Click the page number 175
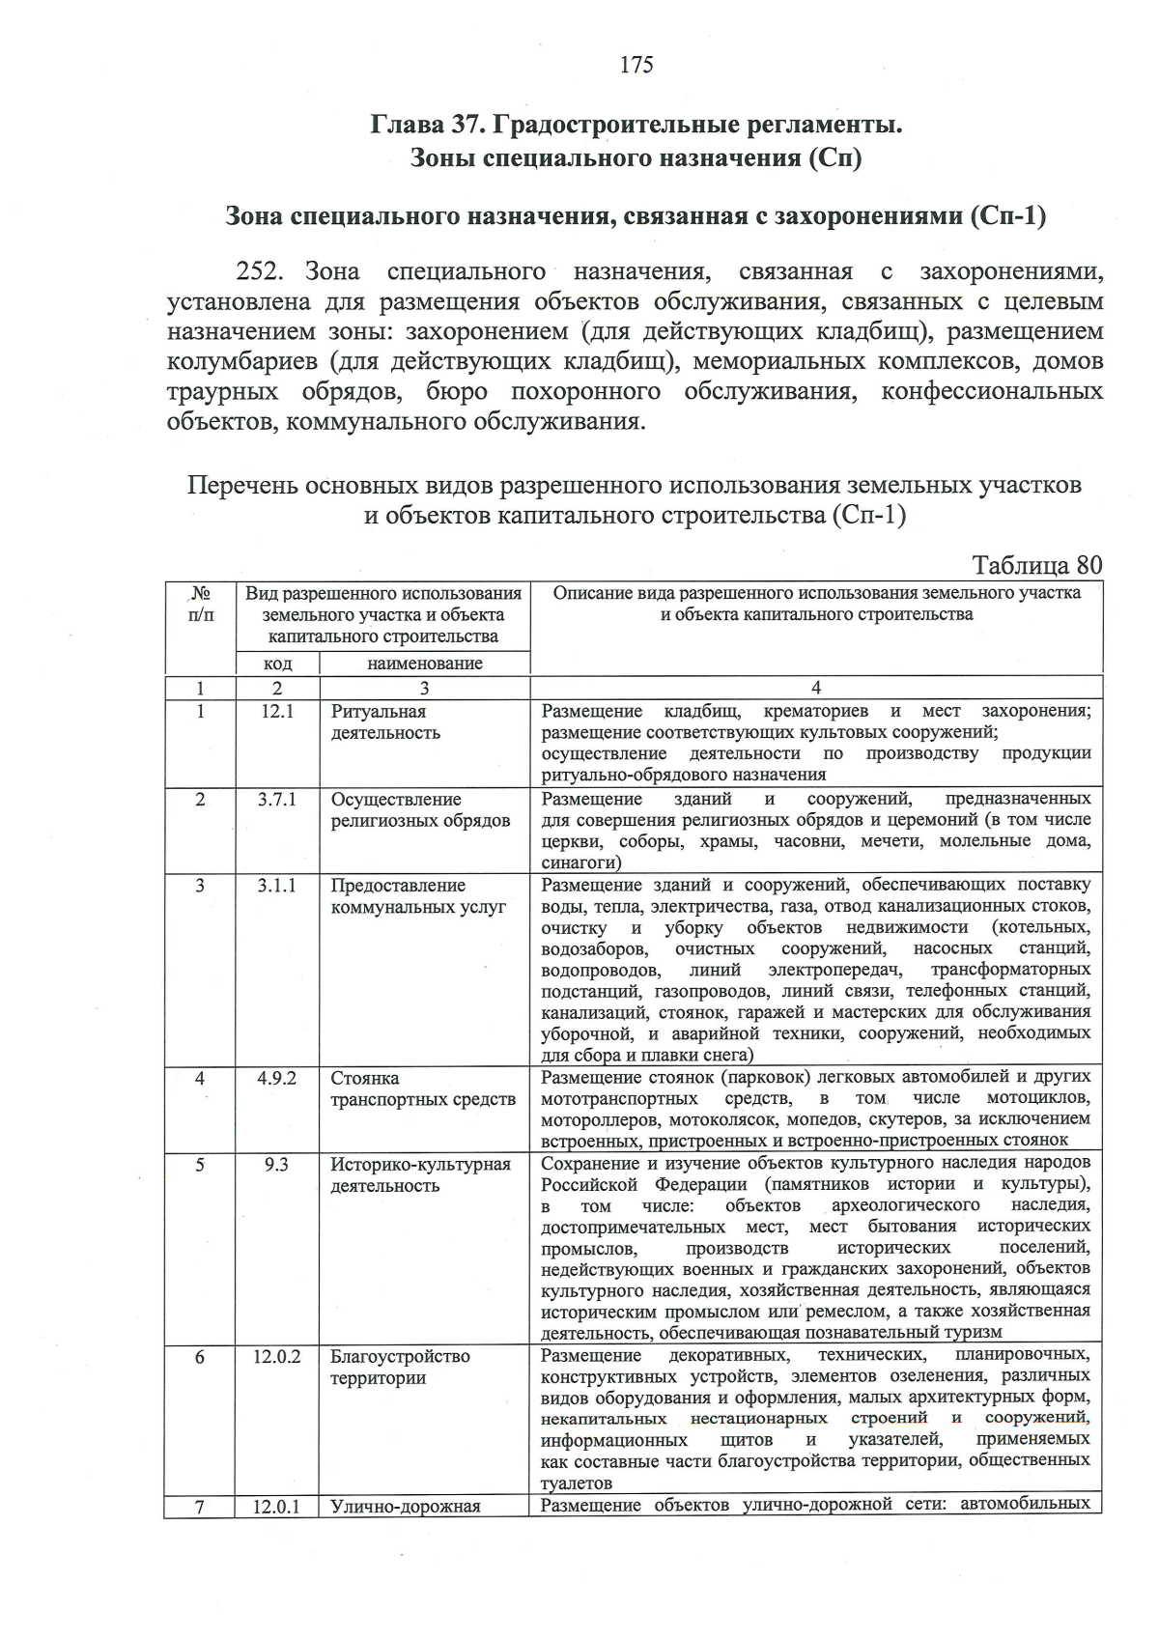[x=636, y=65]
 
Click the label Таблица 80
[x=1036, y=564]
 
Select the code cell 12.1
[x=277, y=712]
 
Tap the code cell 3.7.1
[x=277, y=800]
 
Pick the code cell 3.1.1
[x=277, y=886]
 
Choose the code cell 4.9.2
[x=277, y=1078]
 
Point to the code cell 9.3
[x=277, y=1165]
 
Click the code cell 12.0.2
[x=277, y=1357]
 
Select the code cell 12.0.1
[x=277, y=1506]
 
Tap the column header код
[x=278, y=664]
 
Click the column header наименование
[x=425, y=664]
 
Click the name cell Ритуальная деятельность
[x=385, y=722]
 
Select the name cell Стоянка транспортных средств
[x=423, y=1088]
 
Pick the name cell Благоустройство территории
[x=400, y=1368]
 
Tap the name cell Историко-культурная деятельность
[x=420, y=1175]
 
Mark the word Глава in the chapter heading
[x=407, y=126]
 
